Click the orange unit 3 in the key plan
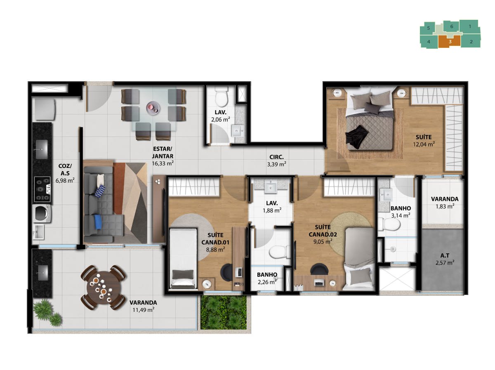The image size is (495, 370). (449, 42)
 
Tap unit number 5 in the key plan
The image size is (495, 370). (428, 28)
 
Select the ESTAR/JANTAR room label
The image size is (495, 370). (163, 152)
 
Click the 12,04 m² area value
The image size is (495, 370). (424, 144)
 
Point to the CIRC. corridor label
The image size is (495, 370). (276, 157)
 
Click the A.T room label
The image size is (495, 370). (445, 255)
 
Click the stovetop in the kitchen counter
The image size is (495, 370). (42, 189)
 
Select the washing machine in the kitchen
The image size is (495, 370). (42, 214)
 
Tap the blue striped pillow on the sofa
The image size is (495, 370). (100, 191)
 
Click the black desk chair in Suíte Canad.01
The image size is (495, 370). (229, 272)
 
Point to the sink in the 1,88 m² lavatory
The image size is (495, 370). (271, 188)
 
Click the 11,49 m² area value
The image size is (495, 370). (143, 310)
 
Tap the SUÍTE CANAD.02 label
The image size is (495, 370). (323, 231)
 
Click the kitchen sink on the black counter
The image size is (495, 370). (42, 149)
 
